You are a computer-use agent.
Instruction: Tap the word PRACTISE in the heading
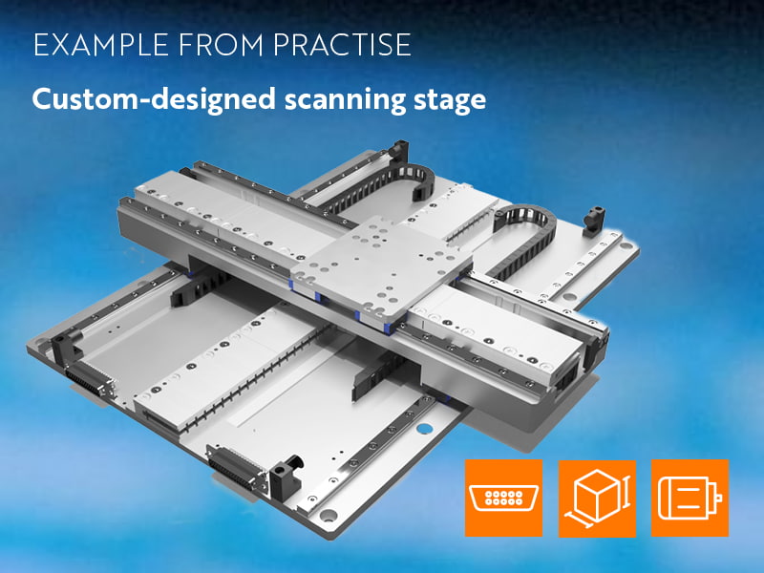(342, 45)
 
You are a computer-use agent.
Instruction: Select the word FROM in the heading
(221, 45)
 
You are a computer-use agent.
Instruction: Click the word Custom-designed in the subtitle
(154, 100)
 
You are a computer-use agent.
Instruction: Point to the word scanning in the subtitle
(345, 100)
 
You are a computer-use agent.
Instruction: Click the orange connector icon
(504, 498)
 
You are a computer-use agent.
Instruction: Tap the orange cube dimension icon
(597, 498)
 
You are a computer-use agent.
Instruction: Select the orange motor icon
(690, 498)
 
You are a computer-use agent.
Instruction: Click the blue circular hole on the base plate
(424, 429)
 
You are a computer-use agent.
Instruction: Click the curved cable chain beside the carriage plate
(521, 238)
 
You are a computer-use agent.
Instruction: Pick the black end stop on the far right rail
(594, 221)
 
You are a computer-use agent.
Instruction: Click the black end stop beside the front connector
(286, 475)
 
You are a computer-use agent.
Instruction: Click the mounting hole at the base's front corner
(328, 515)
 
